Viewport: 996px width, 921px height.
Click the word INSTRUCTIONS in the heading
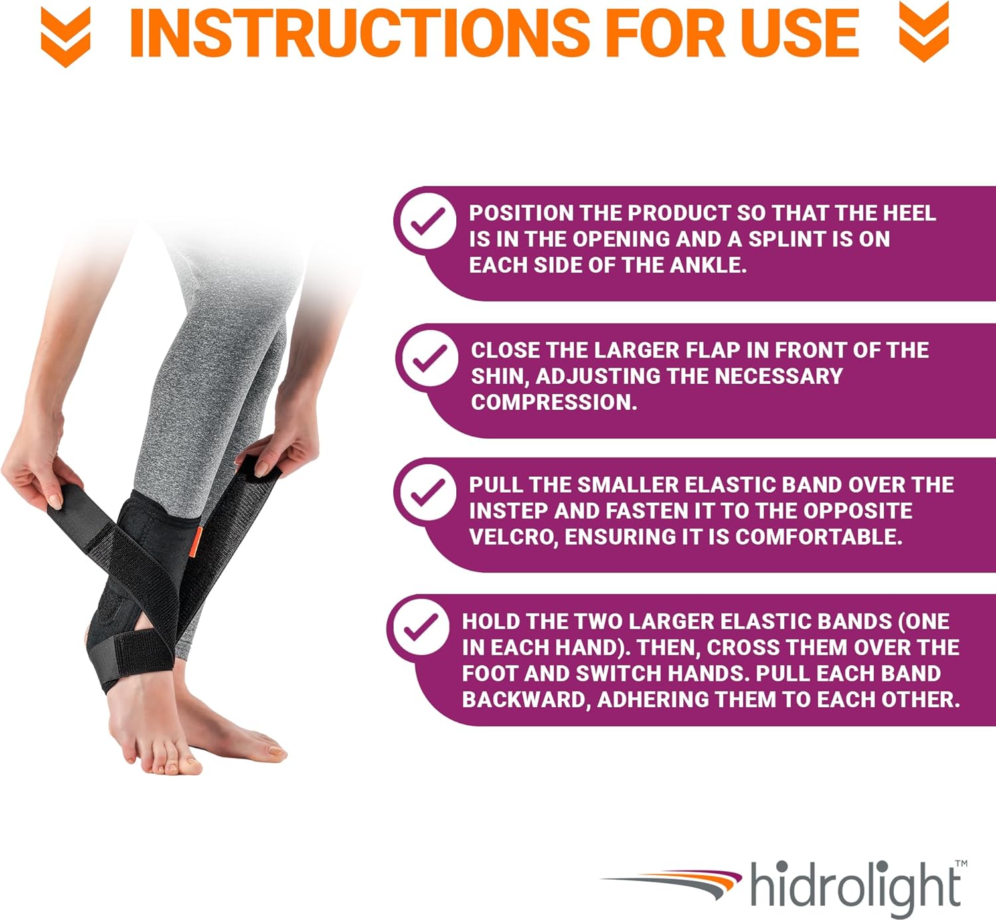click(x=360, y=33)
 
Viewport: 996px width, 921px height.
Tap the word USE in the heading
click(x=800, y=33)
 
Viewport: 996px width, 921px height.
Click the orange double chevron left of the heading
click(x=65, y=37)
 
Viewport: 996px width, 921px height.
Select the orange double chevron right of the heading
click(x=924, y=32)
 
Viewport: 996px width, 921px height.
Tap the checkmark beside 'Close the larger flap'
click(x=430, y=358)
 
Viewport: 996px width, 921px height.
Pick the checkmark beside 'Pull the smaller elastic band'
click(x=428, y=491)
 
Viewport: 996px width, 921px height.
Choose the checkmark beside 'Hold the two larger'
click(x=421, y=627)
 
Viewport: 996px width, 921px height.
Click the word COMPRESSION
click(x=554, y=402)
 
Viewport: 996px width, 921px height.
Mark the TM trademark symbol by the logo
click(x=961, y=864)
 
